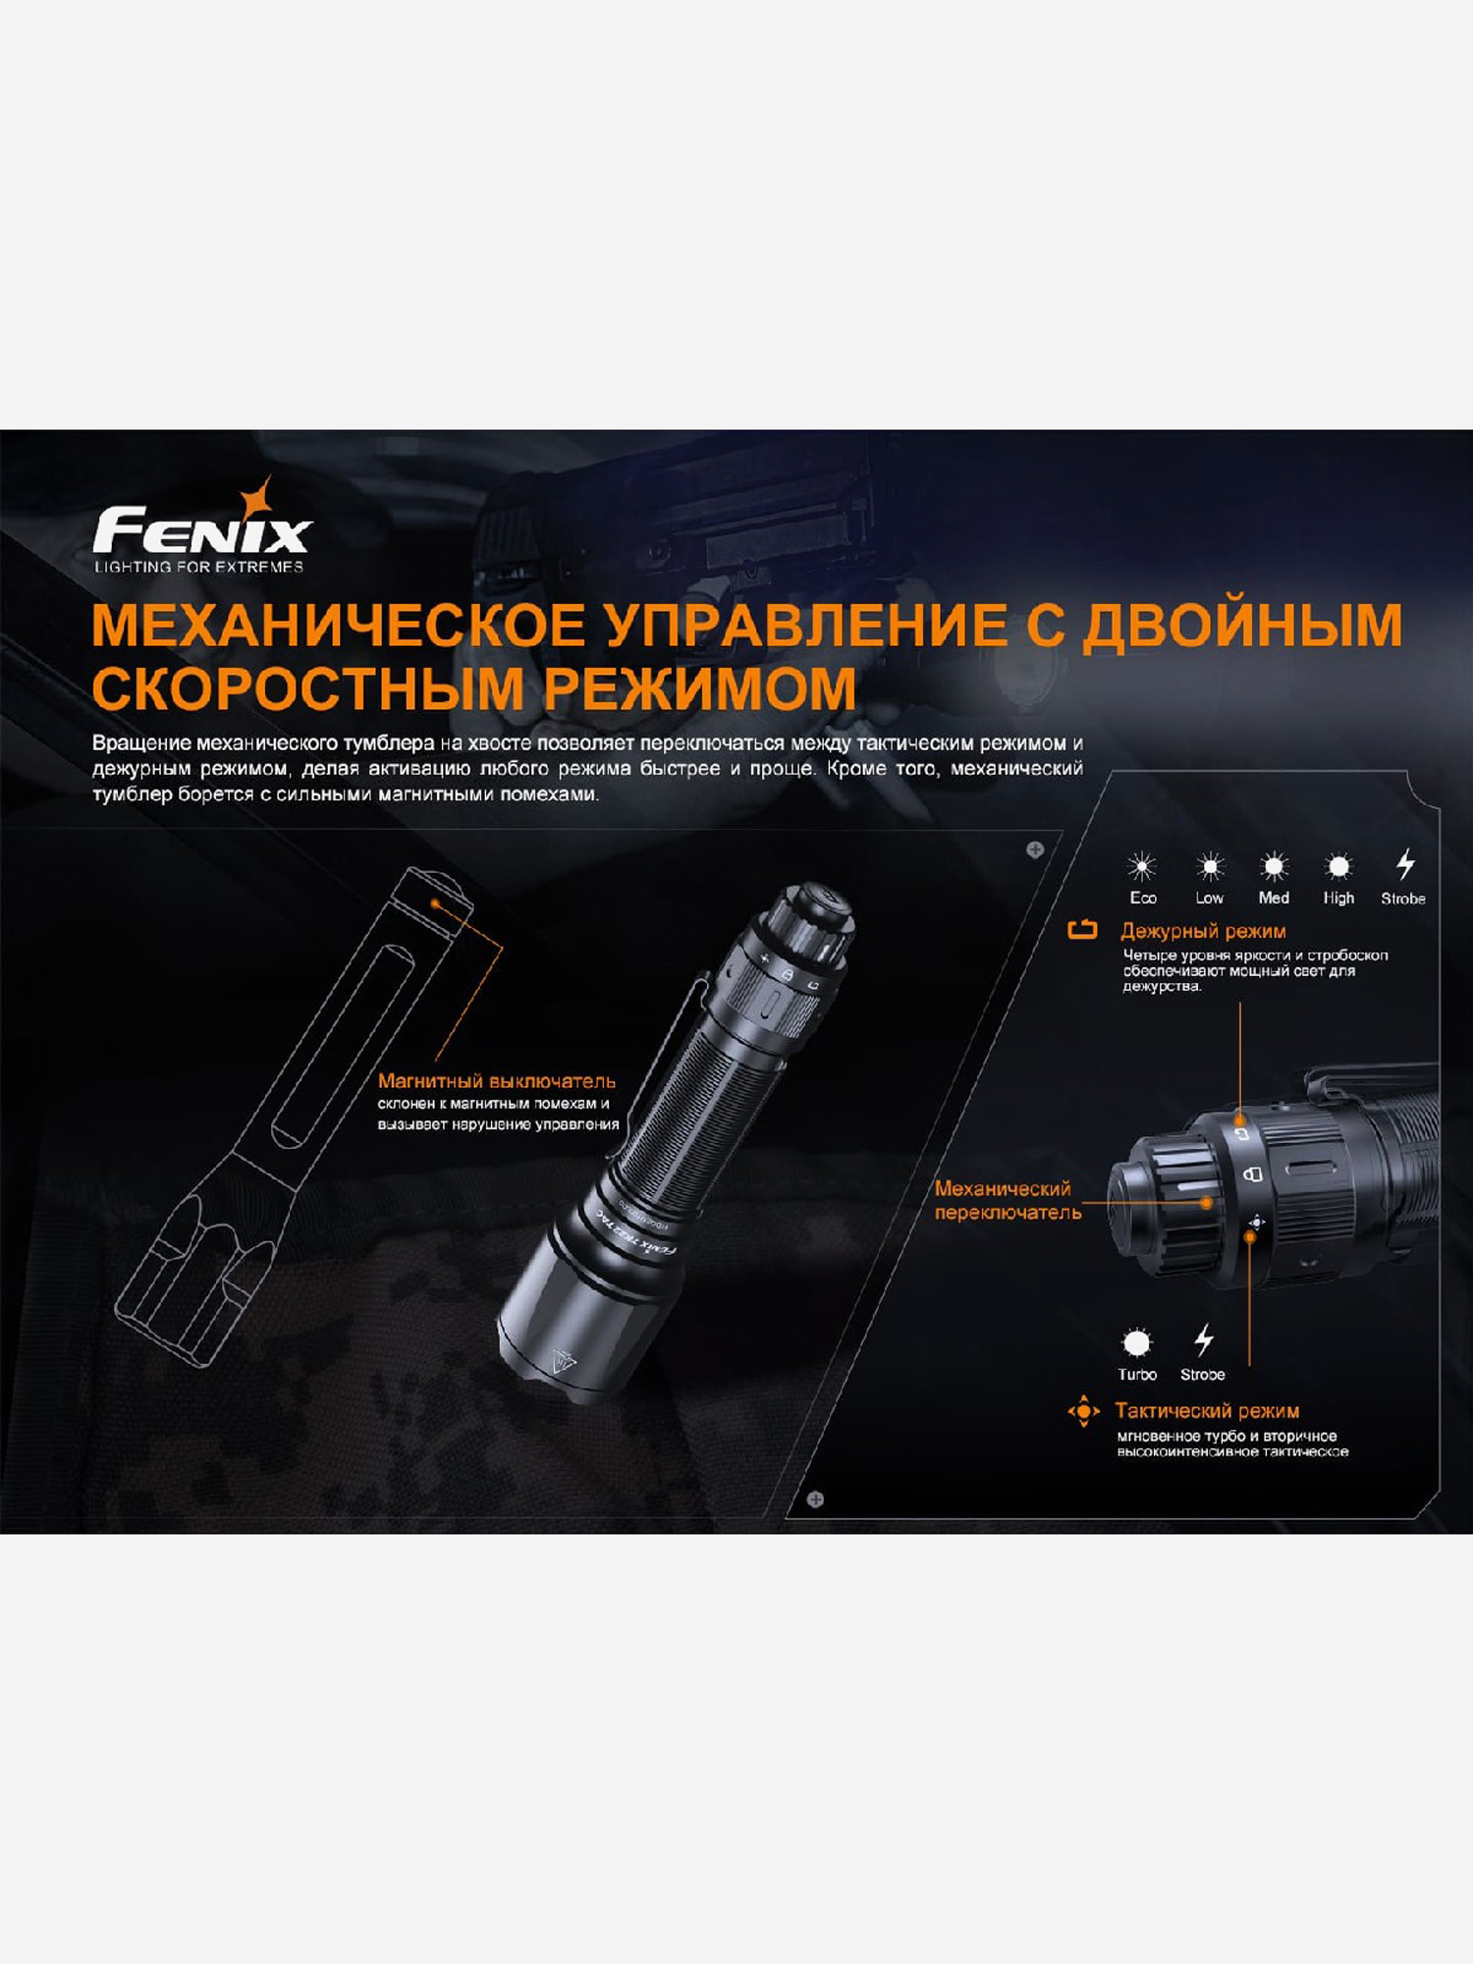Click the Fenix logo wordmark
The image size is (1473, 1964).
click(202, 531)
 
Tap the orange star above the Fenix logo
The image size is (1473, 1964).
click(259, 497)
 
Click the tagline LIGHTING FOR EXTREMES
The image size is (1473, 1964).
click(199, 567)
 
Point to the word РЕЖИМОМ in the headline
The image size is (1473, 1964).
click(700, 688)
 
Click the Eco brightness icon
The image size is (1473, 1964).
click(1142, 866)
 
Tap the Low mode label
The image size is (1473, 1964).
click(1210, 898)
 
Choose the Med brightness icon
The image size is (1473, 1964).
click(1274, 866)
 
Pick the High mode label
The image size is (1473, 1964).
click(1338, 898)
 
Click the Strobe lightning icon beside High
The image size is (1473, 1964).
click(1405, 864)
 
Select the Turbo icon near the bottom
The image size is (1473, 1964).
click(1136, 1341)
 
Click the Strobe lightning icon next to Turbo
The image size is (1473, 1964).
click(1204, 1339)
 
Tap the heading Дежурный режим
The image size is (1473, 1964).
click(1203, 931)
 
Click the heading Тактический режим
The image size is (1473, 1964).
click(1207, 1411)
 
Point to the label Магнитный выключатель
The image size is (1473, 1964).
click(497, 1081)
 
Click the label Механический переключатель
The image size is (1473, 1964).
click(1008, 1200)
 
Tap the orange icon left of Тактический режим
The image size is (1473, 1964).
click(1084, 1411)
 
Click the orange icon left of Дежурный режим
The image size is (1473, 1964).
click(1082, 929)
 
